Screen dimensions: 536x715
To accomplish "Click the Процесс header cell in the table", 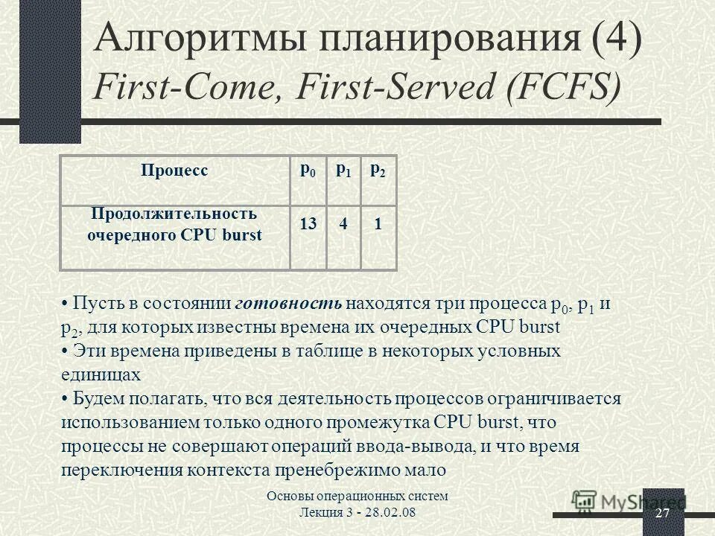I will click(x=174, y=170).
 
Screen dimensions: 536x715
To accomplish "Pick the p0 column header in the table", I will click(x=308, y=170).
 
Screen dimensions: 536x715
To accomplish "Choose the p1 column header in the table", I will click(x=343, y=170).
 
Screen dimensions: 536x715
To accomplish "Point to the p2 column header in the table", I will click(x=378, y=170).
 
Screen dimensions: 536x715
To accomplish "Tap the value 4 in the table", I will click(x=343, y=224).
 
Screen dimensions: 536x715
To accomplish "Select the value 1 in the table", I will click(x=378, y=224).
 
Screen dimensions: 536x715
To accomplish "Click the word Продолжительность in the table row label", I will click(x=174, y=214).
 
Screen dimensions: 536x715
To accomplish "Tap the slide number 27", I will click(x=663, y=515).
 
